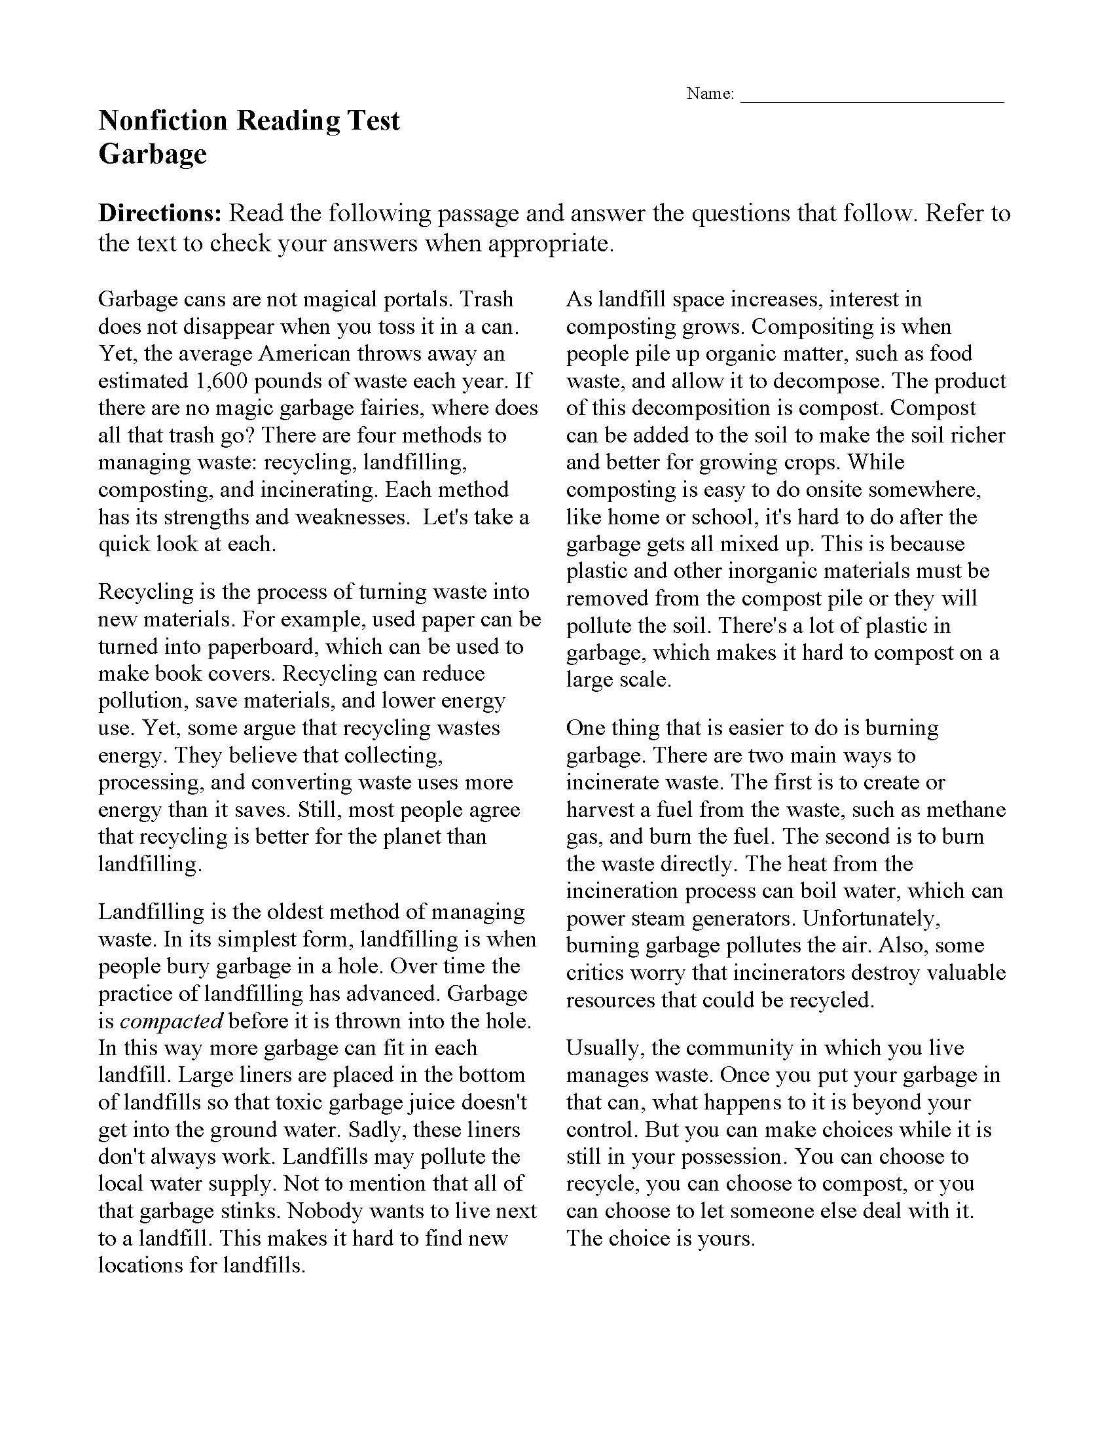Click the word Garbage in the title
point(153,154)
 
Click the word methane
point(966,810)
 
